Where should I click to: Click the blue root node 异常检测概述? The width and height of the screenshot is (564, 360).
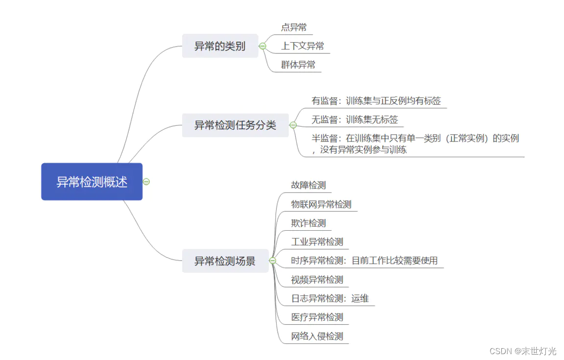click(92, 182)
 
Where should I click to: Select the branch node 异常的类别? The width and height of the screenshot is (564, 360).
click(220, 47)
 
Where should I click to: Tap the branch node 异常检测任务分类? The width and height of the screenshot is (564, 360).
click(235, 125)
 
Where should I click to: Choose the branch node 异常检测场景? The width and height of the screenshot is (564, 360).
click(225, 261)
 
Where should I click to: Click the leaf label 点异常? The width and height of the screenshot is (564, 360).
click(294, 27)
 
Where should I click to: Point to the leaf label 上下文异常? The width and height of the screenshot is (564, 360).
click(303, 47)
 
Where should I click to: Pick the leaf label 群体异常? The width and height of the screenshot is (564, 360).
click(298, 65)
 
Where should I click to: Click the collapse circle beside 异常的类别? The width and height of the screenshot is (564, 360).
click(262, 47)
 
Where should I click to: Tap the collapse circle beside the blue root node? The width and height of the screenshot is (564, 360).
click(146, 182)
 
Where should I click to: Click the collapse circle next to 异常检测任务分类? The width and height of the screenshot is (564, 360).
click(293, 125)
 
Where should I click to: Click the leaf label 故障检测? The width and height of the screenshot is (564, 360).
click(308, 185)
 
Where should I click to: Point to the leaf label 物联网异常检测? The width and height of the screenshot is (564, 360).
click(321, 204)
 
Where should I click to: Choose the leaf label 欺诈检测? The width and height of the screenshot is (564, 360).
click(308, 223)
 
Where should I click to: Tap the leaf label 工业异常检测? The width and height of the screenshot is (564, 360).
click(317, 242)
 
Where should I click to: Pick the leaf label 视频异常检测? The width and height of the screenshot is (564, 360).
click(317, 280)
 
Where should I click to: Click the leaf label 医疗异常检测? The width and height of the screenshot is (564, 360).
click(317, 317)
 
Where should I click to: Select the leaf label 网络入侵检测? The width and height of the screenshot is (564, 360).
click(317, 336)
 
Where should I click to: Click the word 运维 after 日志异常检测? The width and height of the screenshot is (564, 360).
click(360, 298)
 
